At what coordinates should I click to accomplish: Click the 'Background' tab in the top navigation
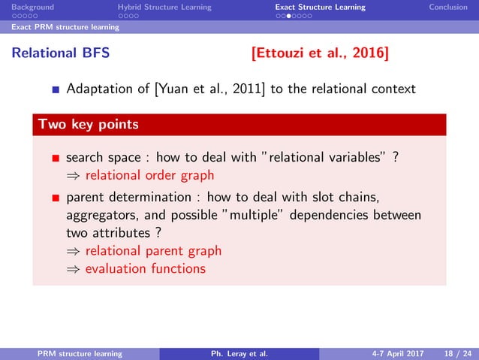coord(27,7)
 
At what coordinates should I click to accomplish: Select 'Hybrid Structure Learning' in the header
coord(164,7)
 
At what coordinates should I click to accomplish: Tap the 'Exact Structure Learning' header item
coord(320,7)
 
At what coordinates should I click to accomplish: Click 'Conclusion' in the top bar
coord(447,7)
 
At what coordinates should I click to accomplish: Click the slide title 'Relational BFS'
coord(55,53)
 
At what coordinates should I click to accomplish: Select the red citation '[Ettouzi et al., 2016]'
coord(321,53)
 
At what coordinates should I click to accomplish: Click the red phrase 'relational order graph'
coord(149,175)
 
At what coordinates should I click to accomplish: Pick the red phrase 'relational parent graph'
coord(153,251)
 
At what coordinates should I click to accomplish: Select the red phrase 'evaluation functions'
coord(145,268)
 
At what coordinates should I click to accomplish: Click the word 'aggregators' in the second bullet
coord(99,215)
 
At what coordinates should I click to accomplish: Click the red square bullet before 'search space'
coord(55,159)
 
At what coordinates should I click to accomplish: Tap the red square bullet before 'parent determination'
coord(55,198)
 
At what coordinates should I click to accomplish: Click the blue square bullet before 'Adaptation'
coord(55,90)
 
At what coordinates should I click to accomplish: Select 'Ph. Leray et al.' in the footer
coord(239,352)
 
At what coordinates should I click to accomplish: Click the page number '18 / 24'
coord(454,352)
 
